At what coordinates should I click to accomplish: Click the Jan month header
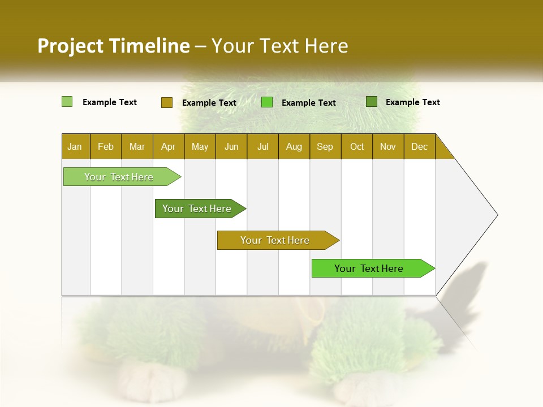click(x=75, y=146)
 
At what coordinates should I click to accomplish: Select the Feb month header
click(x=106, y=146)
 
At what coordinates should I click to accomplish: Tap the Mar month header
click(x=137, y=146)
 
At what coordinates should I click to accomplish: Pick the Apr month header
click(x=169, y=146)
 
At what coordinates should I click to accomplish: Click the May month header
click(x=200, y=146)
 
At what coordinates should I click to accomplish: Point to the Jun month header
click(x=231, y=146)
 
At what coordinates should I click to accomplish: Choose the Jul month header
click(x=262, y=146)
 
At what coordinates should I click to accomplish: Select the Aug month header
click(x=294, y=146)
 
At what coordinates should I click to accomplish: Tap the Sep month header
click(x=325, y=146)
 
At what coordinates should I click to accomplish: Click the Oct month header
click(x=357, y=146)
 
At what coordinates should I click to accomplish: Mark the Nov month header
click(x=388, y=146)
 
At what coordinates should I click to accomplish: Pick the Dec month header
click(x=420, y=146)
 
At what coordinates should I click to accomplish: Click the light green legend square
click(x=67, y=102)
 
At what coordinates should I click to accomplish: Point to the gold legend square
click(x=167, y=102)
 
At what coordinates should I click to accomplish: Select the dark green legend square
click(x=372, y=102)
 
